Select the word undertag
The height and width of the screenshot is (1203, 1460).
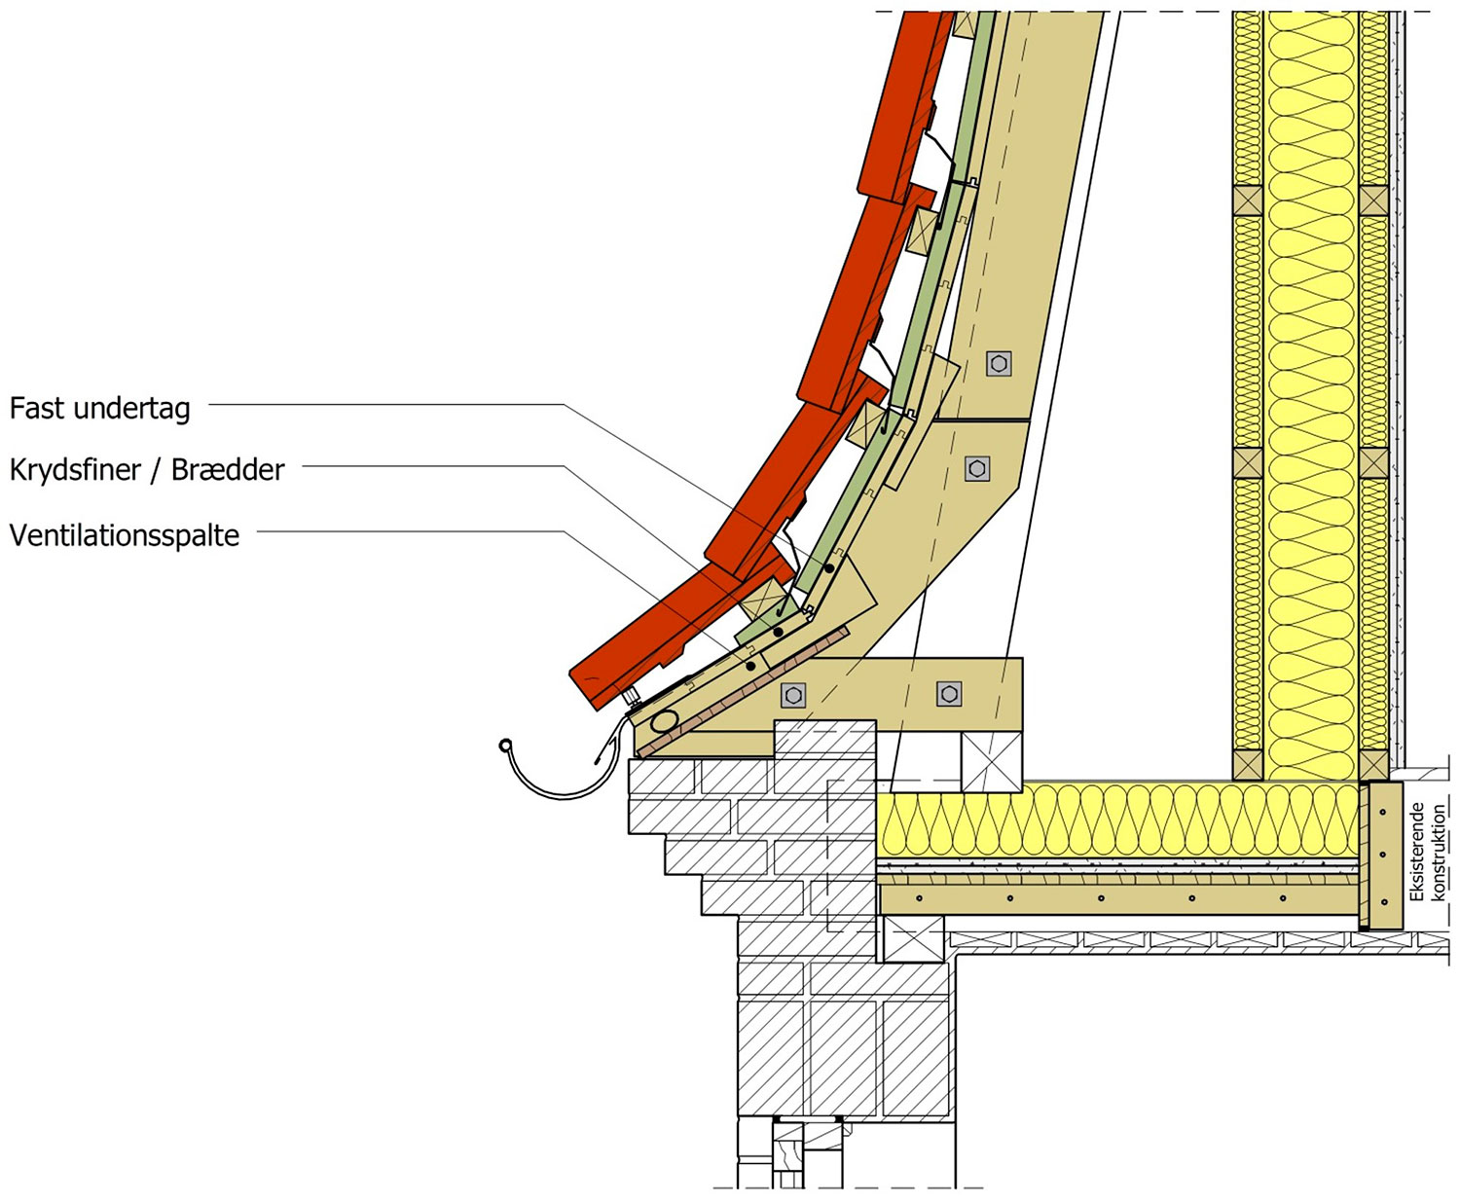[131, 409]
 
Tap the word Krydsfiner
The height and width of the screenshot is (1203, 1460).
[75, 470]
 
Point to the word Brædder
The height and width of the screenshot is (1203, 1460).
[227, 469]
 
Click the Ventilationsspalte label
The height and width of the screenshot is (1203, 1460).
[125, 535]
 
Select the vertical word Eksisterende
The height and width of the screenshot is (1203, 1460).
[1417, 853]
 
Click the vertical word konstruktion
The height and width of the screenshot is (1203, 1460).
[1439, 853]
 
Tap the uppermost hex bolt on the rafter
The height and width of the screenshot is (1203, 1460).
[999, 364]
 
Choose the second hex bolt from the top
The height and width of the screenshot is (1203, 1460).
[977, 468]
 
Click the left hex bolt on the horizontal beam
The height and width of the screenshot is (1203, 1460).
[792, 695]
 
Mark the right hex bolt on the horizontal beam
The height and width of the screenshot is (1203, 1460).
[949, 694]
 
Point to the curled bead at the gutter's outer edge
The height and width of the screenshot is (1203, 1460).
[505, 746]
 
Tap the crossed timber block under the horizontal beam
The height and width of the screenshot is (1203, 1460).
[992, 762]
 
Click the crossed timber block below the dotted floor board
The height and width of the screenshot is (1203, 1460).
[914, 939]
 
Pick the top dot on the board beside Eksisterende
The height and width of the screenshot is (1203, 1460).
[1382, 812]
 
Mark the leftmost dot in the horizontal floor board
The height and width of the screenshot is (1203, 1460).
[920, 898]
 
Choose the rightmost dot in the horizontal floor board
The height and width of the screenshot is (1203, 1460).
[1283, 898]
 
